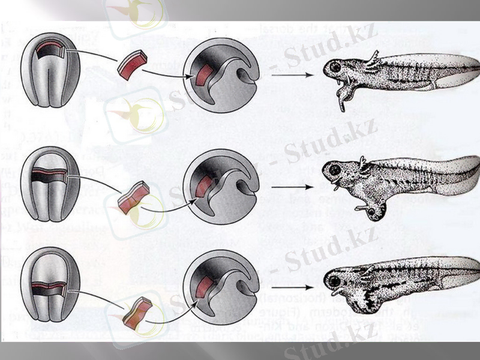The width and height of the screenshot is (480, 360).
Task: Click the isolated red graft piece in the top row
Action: [132, 65]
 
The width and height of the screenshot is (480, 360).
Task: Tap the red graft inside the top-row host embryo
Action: [202, 77]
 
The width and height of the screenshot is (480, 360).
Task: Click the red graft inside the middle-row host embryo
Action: [204, 187]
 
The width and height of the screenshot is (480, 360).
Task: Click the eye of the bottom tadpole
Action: [333, 278]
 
